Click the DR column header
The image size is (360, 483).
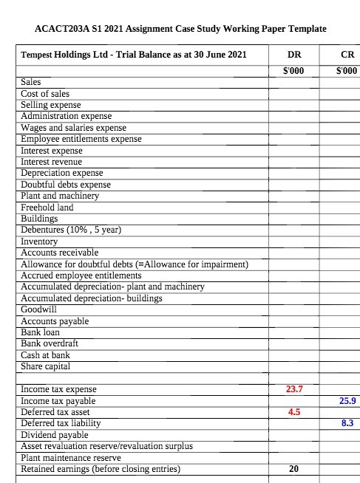(293, 55)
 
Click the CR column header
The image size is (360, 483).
(345, 55)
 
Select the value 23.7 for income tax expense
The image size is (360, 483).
(293, 389)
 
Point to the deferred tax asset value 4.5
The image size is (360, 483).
(293, 412)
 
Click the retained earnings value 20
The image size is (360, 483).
(293, 469)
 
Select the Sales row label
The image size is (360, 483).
(31, 83)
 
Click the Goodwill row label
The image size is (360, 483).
(38, 310)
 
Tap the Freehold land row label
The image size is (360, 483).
(47, 208)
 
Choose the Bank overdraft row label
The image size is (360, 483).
(50, 343)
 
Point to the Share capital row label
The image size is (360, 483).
(46, 366)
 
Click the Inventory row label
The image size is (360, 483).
(40, 241)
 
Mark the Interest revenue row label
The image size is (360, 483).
(51, 162)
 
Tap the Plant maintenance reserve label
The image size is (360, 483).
(71, 457)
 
